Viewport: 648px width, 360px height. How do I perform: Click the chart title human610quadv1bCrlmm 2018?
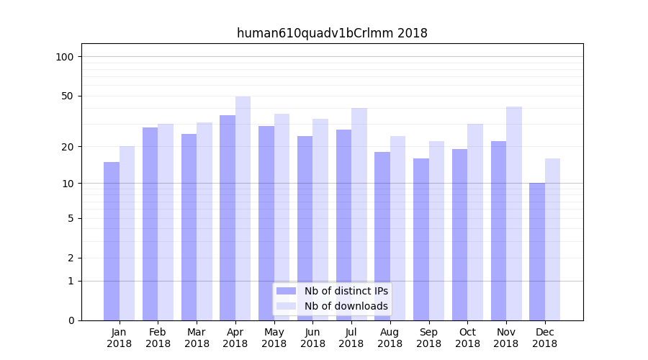[x=332, y=33]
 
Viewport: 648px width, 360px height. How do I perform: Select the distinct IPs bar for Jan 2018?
[x=112, y=241]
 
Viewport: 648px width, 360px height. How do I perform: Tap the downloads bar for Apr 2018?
[x=243, y=208]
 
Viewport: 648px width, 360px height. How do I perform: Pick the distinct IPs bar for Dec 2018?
[x=537, y=251]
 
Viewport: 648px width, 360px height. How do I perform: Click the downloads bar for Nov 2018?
[x=514, y=213]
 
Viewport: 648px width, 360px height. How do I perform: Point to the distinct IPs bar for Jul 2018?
[x=343, y=225]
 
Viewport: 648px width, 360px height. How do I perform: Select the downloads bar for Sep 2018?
[x=436, y=230]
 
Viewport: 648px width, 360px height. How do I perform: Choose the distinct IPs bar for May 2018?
[x=266, y=223]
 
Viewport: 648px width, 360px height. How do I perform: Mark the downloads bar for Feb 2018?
[x=166, y=222]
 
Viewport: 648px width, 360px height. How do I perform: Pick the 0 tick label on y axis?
[x=71, y=320]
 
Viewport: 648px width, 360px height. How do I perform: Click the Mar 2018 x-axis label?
[x=197, y=338]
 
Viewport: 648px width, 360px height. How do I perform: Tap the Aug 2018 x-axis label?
[x=390, y=338]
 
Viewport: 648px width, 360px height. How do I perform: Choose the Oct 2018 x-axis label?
[x=467, y=338]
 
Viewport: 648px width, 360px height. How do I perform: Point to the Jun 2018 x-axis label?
[x=312, y=338]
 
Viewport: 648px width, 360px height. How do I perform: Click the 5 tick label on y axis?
[x=71, y=218]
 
